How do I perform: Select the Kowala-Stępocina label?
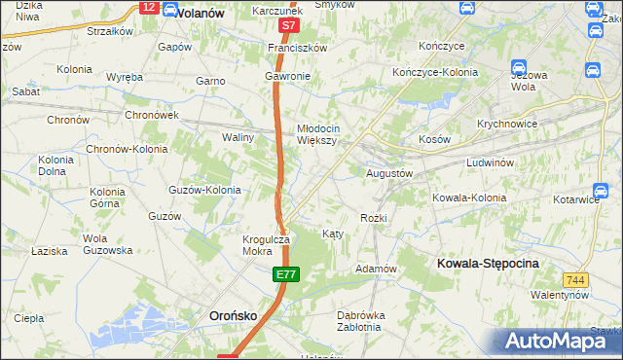(488, 263)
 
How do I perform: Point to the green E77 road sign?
(284, 277)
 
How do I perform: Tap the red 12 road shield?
(148, 7)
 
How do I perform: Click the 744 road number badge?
(575, 279)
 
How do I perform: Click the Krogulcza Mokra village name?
(267, 245)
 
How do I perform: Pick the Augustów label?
(389, 173)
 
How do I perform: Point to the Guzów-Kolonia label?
(204, 190)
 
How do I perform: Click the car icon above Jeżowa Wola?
(520, 68)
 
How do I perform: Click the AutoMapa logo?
(553, 341)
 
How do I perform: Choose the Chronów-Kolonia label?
(127, 150)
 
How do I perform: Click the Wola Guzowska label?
(107, 244)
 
